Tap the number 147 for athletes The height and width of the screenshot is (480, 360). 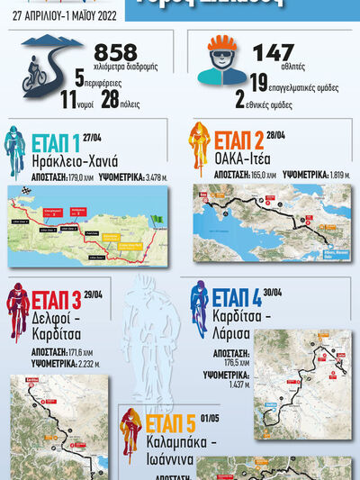pos(273,53)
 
